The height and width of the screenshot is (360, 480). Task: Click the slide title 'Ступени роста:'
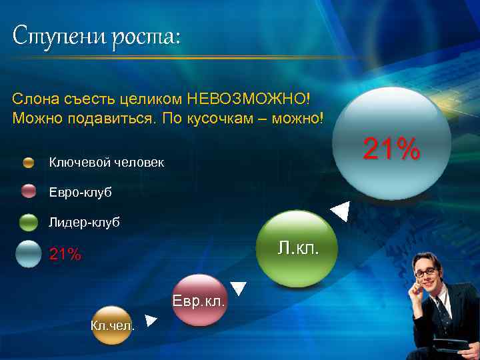point(96,35)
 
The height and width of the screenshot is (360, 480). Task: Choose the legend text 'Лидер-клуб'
point(85,222)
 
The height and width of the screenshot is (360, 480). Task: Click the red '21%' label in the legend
point(65,254)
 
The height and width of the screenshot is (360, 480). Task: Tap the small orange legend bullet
point(29,162)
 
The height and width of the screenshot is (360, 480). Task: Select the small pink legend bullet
point(29,191)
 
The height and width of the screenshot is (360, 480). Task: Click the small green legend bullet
point(29,222)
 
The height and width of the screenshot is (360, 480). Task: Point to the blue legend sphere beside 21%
point(29,253)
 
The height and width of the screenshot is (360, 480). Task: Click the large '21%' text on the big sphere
point(391,149)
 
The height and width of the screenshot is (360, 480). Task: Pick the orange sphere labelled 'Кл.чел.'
point(112,325)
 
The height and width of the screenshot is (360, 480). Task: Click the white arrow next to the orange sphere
point(151,321)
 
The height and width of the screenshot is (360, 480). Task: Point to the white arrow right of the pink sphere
point(238,289)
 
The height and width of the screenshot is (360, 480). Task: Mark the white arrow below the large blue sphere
point(341,211)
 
